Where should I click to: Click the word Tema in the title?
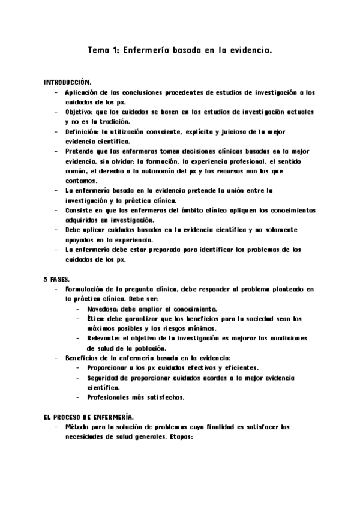(x=98, y=52)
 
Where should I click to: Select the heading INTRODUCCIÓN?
(x=66, y=81)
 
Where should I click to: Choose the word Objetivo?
(x=83, y=112)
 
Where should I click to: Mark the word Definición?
(x=84, y=131)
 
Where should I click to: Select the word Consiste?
(x=82, y=211)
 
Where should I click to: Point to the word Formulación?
(x=88, y=289)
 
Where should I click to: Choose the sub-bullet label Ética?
(x=97, y=319)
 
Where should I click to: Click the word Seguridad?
(x=106, y=378)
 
